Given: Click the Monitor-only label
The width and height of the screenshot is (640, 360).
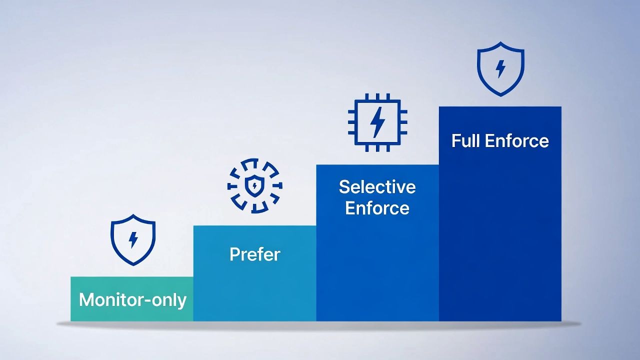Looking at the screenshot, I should [x=132, y=300].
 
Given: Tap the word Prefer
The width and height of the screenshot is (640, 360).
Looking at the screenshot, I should [x=255, y=254].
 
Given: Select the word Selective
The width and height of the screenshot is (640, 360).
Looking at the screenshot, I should [x=377, y=187].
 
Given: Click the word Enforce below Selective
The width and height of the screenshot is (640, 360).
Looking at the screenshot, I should [x=377, y=208].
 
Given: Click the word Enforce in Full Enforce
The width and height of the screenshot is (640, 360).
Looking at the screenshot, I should [x=517, y=140].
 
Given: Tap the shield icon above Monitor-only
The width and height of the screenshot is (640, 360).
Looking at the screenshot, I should [x=133, y=239].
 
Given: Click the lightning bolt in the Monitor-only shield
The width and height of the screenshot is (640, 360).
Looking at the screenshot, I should [x=133, y=239].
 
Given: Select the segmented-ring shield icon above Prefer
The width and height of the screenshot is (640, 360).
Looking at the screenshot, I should [x=254, y=186].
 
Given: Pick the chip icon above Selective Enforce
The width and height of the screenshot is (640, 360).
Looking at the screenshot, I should [x=377, y=122].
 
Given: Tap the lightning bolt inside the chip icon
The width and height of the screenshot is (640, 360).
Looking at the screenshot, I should [x=377, y=122].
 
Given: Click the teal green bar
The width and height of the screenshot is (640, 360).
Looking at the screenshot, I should [x=132, y=312].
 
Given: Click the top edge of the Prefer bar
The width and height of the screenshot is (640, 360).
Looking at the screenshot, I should [x=254, y=226].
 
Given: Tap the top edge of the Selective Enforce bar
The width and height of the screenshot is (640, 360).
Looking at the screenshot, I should [x=377, y=165].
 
